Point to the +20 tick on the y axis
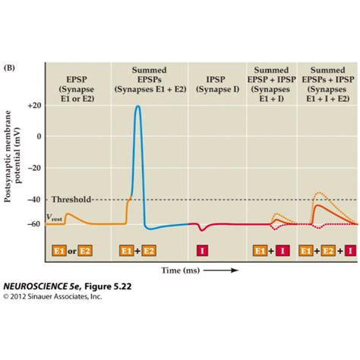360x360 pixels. click(34, 106)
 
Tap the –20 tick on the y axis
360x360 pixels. click(34, 168)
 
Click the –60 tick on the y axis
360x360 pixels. click(34, 224)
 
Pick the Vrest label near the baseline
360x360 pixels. click(55, 217)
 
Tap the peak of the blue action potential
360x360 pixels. click(137, 106)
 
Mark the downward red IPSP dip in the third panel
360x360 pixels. click(201, 229)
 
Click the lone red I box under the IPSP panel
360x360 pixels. click(202, 249)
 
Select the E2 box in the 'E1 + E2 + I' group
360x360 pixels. click(329, 249)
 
